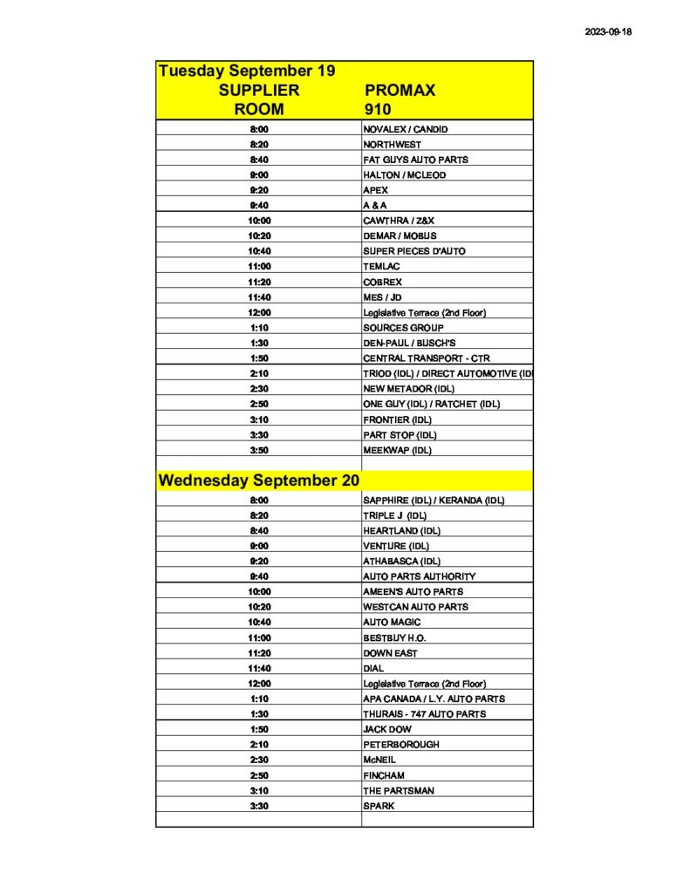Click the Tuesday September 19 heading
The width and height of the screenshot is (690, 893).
tap(247, 71)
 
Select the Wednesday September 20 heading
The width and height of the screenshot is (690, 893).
tap(258, 481)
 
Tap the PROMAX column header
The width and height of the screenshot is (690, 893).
tap(399, 91)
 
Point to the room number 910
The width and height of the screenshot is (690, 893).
tap(379, 110)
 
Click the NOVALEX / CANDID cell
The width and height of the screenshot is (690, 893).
tap(405, 129)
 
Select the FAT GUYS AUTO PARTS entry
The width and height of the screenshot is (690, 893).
tap(415, 160)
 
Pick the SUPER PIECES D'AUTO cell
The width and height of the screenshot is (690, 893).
tap(414, 251)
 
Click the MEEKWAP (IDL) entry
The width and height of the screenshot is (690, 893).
tap(397, 450)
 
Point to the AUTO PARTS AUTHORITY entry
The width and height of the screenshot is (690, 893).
tap(419, 576)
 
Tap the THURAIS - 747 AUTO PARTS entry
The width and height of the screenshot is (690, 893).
tap(424, 714)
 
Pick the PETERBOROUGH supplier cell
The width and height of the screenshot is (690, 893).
tap(400, 745)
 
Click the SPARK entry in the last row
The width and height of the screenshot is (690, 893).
tap(379, 806)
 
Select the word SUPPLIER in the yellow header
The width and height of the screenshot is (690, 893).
tap(259, 91)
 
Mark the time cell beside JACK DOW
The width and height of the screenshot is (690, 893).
tap(259, 729)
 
